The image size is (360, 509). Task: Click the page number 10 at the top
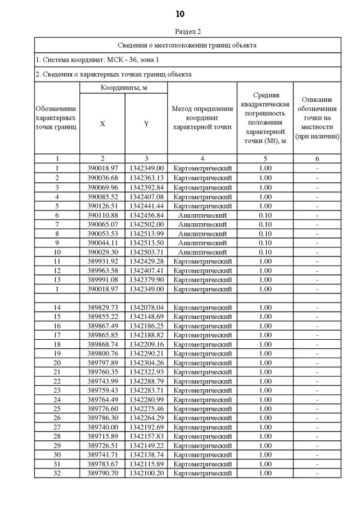pyautogui.click(x=179, y=14)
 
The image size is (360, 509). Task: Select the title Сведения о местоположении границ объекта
pyautogui.click(x=188, y=45)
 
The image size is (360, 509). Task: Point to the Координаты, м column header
pyautogui.click(x=124, y=88)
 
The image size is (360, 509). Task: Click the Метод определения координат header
pyautogui.click(x=202, y=118)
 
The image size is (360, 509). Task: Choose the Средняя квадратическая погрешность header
pyautogui.click(x=265, y=118)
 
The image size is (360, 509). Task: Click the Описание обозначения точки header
pyautogui.click(x=317, y=118)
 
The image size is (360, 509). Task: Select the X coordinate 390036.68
pyautogui.click(x=102, y=178)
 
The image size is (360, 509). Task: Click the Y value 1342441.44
pyautogui.click(x=146, y=205)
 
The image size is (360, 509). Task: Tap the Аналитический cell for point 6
pyautogui.click(x=202, y=215)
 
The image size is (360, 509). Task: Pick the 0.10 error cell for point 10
pyautogui.click(x=265, y=252)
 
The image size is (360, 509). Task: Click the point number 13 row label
pyautogui.click(x=57, y=280)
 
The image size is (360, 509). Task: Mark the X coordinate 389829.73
pyautogui.click(x=102, y=308)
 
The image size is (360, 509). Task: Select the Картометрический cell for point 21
pyautogui.click(x=202, y=372)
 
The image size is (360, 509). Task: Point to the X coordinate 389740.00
pyautogui.click(x=102, y=427)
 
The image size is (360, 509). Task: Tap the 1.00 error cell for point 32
pyautogui.click(x=265, y=474)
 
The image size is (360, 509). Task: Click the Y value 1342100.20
pyautogui.click(x=146, y=474)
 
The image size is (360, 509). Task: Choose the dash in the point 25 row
pyautogui.click(x=317, y=409)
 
